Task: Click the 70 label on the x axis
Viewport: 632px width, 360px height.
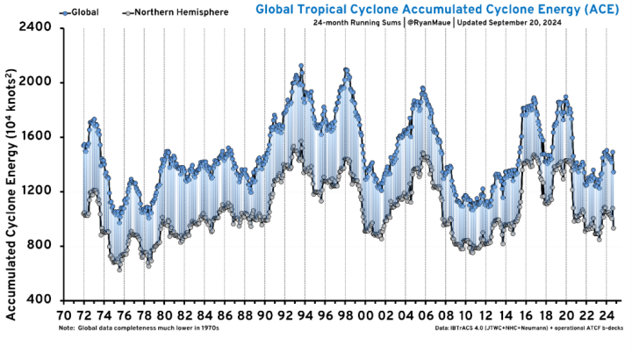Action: tap(64, 315)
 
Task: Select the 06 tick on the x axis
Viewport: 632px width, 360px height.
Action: tap(426, 315)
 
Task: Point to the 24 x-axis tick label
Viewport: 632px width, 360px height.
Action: tap(607, 315)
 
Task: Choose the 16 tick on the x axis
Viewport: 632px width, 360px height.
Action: tap(526, 315)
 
